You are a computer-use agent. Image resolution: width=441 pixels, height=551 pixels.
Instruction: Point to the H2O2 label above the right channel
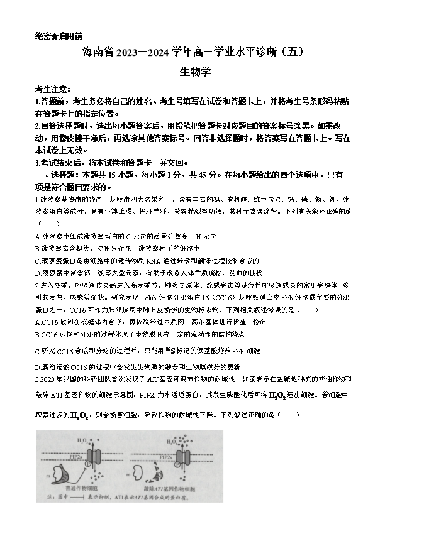(x=172, y=441)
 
